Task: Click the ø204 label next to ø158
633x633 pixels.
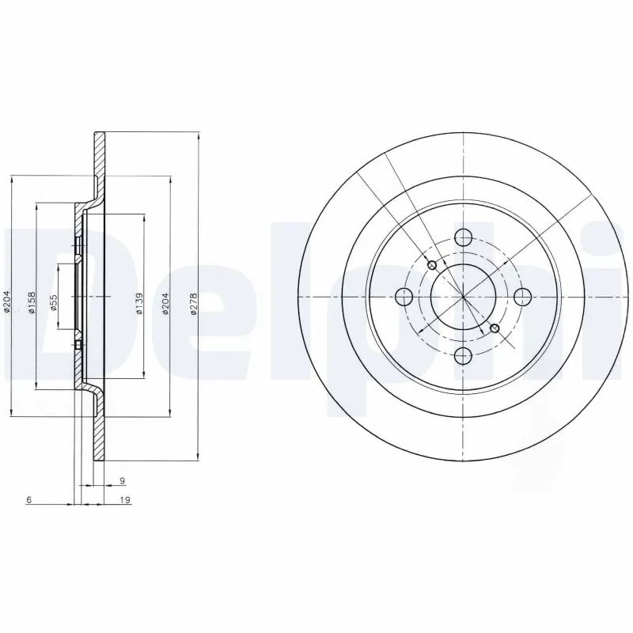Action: pos(7,301)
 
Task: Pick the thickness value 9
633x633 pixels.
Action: pos(121,481)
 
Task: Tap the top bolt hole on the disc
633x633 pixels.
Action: pos(463,237)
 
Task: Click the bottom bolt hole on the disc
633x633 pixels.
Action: pos(463,355)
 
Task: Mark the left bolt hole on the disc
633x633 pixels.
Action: pos(404,297)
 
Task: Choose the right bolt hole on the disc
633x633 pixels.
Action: pos(522,296)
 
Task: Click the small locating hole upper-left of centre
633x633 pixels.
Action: pos(431,265)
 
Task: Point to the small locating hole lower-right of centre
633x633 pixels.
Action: pos(495,328)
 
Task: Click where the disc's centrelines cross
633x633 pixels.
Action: pos(463,296)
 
